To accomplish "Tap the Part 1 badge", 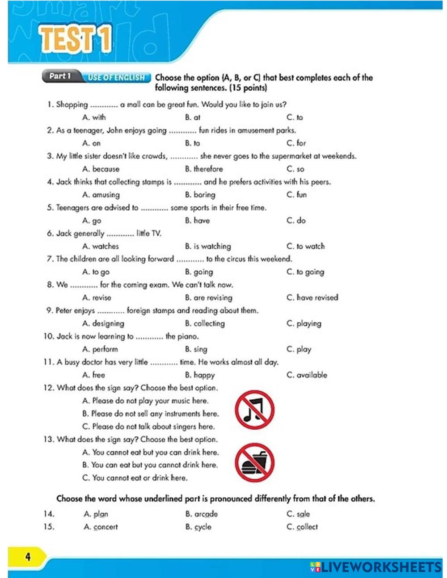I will coord(60,76).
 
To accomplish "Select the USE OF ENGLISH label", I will coord(116,78).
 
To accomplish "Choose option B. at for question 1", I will coord(193,117).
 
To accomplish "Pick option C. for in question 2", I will coord(296,143).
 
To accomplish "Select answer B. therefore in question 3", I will coord(204,169).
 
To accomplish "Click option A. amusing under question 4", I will coord(101,195).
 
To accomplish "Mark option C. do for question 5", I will coord(296,221).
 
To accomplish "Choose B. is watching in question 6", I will coord(208,247).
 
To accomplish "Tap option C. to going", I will coord(305,272).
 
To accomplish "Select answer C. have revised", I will coord(312,298).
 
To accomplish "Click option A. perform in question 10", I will coord(100,349).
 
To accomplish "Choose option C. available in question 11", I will coord(307,375).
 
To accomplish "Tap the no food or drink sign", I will coord(254,463).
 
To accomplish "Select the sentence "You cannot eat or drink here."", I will coord(135,478).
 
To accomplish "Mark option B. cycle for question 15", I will coord(198,527).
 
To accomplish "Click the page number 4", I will coord(28,557).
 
